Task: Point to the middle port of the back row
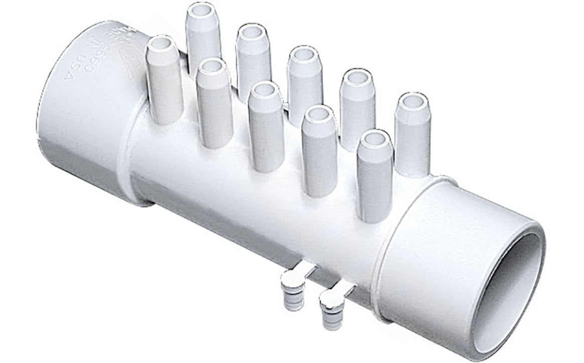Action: (x=305, y=80)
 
